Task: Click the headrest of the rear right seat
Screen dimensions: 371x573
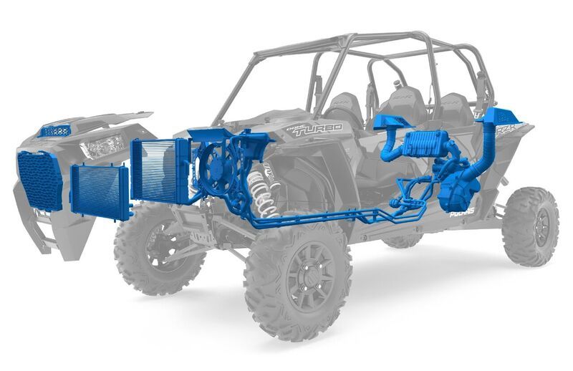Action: (x=453, y=104)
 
